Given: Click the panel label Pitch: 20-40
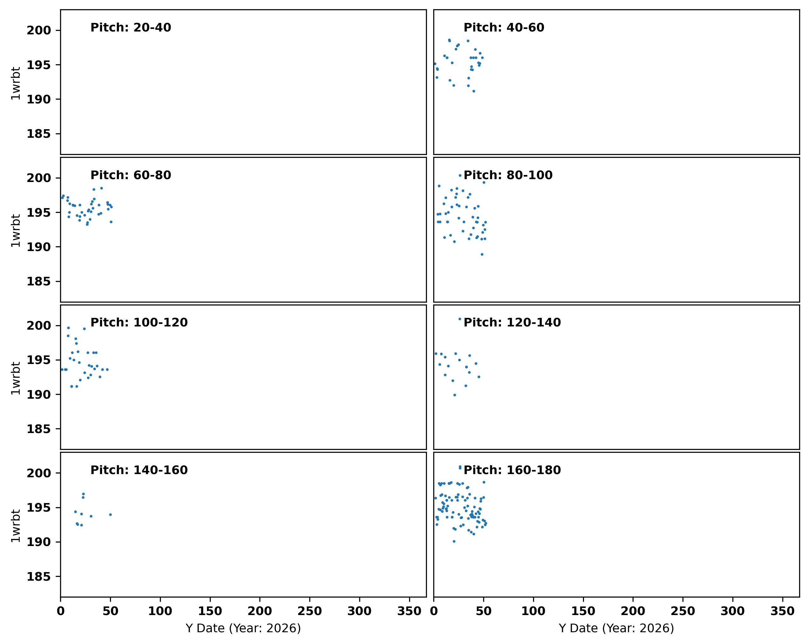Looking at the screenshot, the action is point(131,28).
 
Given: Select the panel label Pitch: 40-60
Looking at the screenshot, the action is point(504,28).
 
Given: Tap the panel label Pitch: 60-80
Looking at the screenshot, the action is point(131,175).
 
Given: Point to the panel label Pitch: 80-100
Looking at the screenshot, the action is point(508,175).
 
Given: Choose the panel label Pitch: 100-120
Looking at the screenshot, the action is point(139,323).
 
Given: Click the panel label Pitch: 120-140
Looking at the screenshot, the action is point(512,323).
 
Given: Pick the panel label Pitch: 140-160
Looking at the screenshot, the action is point(139,470).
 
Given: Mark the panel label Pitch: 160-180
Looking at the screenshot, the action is point(512,470).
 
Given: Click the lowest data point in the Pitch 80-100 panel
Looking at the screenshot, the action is point(482,255).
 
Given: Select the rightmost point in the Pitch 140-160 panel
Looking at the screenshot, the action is point(110,515).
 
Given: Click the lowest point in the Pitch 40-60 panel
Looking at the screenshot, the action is point(474,91).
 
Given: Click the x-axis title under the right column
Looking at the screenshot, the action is point(616,629).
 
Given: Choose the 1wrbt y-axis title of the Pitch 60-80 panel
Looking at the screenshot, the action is point(15,231).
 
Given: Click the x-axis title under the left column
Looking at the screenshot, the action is point(243,629).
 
